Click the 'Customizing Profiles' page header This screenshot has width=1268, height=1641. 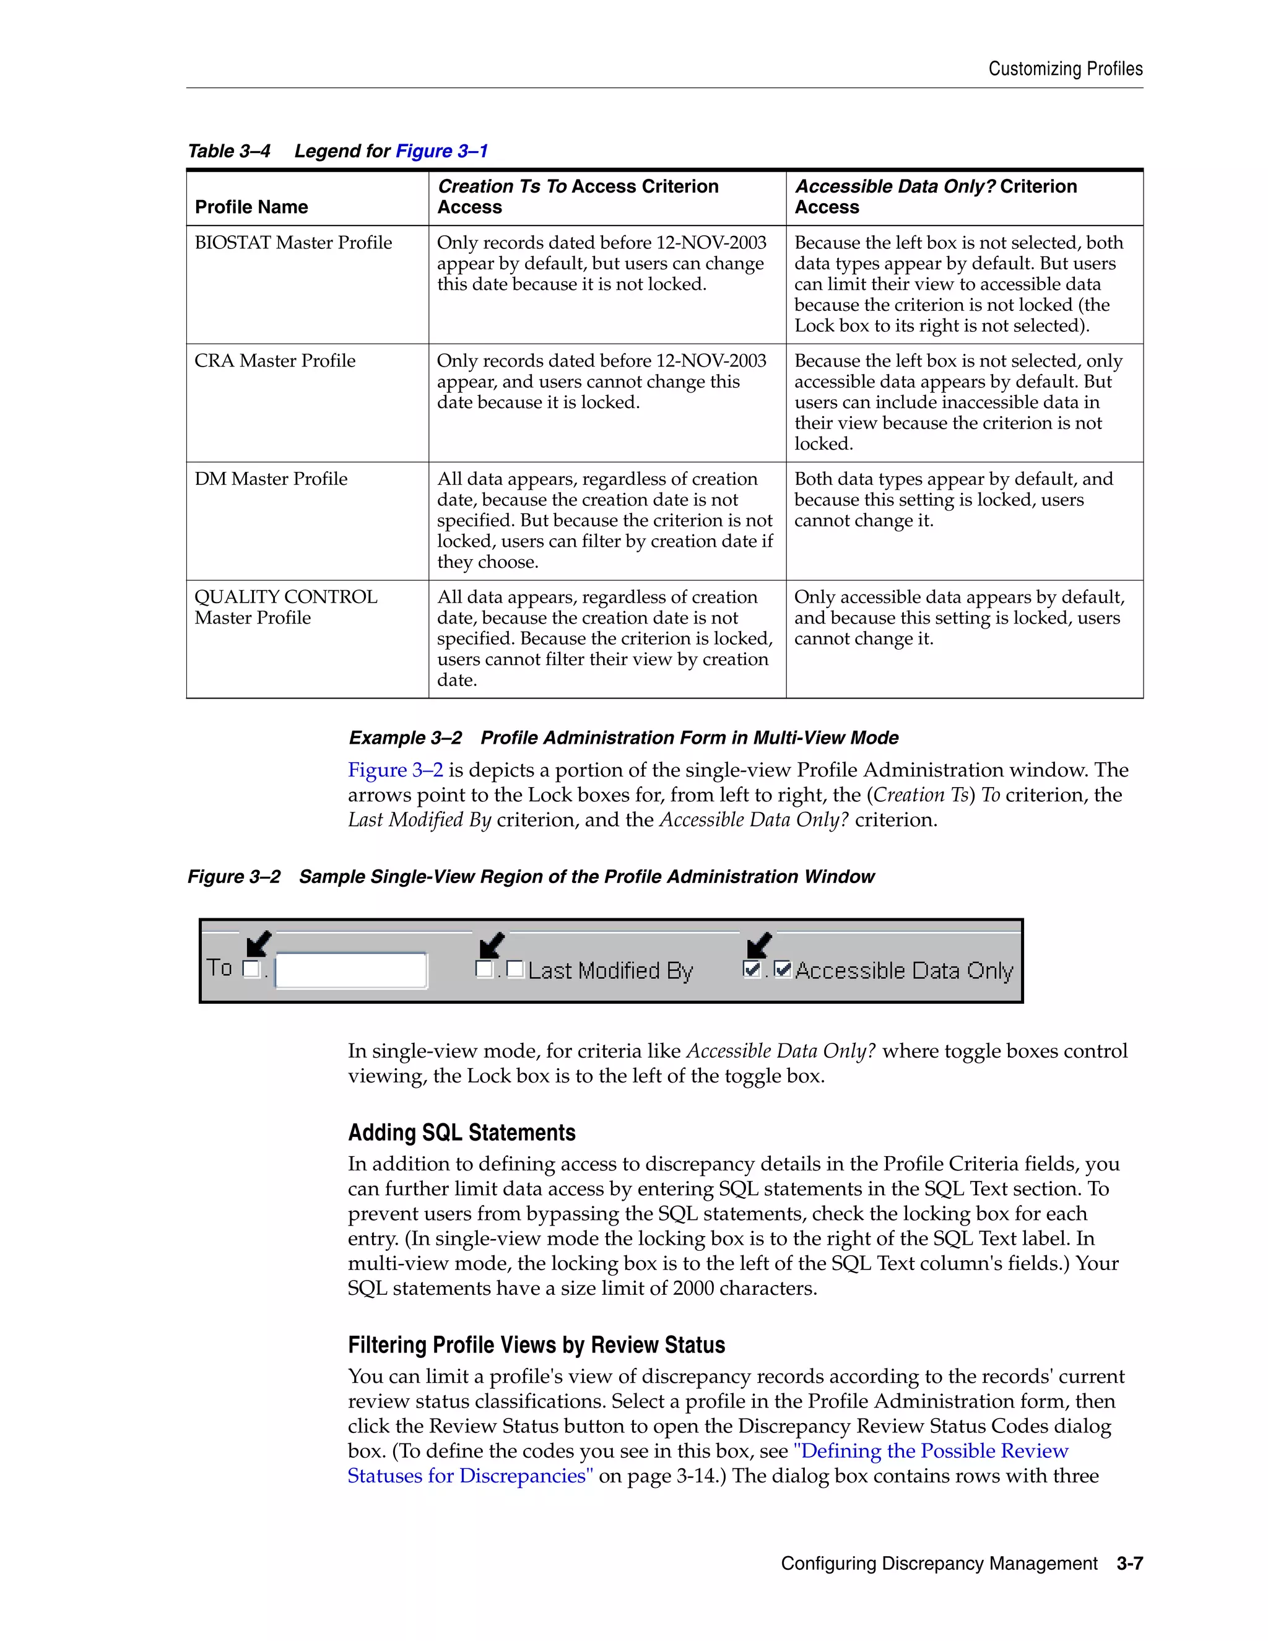[1064, 69]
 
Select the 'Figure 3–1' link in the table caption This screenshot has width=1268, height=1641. [441, 151]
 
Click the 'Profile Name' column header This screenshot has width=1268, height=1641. [251, 207]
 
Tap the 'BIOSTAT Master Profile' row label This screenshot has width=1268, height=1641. [293, 243]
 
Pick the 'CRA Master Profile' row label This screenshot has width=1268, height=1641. [275, 360]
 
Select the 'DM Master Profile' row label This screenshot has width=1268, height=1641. [271, 479]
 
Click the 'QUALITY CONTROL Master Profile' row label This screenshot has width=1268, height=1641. [285, 607]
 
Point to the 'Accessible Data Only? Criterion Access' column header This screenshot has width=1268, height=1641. [936, 196]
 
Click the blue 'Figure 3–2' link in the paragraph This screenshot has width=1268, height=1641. [395, 770]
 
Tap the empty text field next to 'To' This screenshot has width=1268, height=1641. [351, 970]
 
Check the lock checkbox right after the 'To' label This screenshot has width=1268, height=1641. [251, 968]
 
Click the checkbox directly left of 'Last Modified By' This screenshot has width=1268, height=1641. [515, 969]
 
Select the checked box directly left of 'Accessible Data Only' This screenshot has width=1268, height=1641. [782, 969]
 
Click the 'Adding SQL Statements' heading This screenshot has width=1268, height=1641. [461, 1133]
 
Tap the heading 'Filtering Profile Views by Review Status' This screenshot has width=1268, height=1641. [536, 1345]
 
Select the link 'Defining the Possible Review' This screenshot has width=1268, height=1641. [931, 1451]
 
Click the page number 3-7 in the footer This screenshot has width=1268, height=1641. [1129, 1564]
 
